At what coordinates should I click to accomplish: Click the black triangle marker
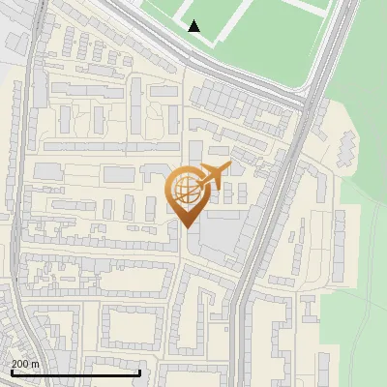pos(194,26)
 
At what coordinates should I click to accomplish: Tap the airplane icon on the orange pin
pos(211,178)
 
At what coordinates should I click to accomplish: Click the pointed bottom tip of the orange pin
pos(187,227)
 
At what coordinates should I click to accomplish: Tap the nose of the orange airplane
pos(229,166)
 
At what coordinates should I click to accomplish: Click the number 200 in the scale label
pos(20,364)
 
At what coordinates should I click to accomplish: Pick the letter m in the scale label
pos(35,364)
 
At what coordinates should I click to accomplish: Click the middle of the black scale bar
pos(75,372)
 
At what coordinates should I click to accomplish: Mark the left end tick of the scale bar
pos(11,372)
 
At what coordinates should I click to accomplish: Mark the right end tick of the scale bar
pos(140,372)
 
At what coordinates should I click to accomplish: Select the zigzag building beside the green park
pos(346,146)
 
